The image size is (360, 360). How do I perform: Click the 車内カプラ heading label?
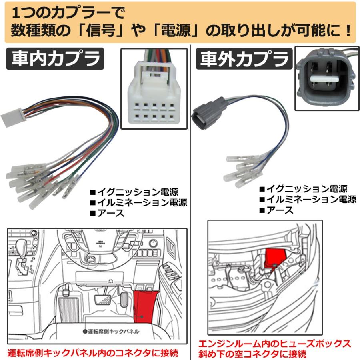coord(55,59)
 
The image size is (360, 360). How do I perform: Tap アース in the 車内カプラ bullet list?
coord(110,213)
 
